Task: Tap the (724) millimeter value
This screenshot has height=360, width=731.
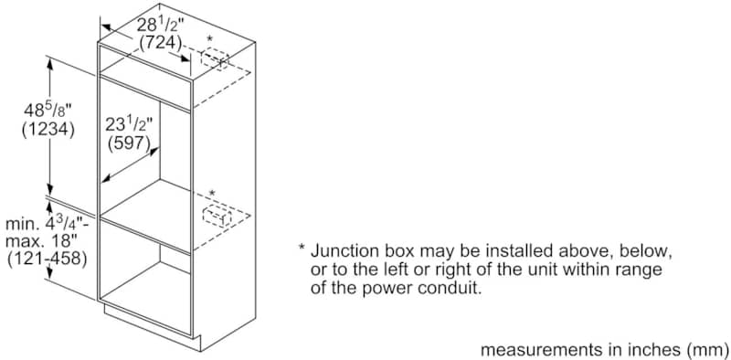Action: pyautogui.click(x=161, y=43)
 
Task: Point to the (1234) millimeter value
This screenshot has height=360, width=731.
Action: pyautogui.click(x=48, y=130)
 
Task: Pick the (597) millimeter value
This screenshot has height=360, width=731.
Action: pyautogui.click(x=129, y=143)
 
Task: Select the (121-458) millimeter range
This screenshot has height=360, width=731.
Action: pyautogui.click(x=48, y=259)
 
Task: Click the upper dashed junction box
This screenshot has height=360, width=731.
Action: pyautogui.click(x=215, y=60)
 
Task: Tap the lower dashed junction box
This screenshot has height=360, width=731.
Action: pyautogui.click(x=217, y=217)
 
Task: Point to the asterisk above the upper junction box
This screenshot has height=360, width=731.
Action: pyautogui.click(x=210, y=39)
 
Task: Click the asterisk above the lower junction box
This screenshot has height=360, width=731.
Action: pyautogui.click(x=213, y=193)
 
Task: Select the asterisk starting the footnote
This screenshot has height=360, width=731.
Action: pyautogui.click(x=302, y=247)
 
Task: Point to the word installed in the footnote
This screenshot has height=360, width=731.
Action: pyautogui.click(x=517, y=252)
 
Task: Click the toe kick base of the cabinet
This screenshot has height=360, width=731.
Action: pyautogui.click(x=153, y=326)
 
